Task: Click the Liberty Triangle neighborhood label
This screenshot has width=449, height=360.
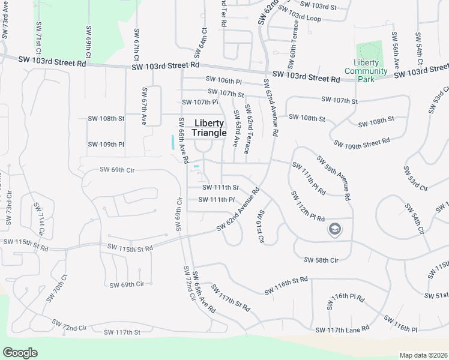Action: click(210, 128)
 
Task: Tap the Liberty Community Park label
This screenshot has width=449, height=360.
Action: click(366, 71)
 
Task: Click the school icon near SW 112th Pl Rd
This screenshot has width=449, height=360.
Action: click(334, 229)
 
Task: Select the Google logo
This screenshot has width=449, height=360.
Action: click(20, 353)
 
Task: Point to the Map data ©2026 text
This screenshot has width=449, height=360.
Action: click(423, 355)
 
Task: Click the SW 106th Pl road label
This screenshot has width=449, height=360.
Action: click(223, 80)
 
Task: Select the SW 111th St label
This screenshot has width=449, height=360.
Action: click(220, 187)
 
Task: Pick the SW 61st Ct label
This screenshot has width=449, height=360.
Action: click(261, 227)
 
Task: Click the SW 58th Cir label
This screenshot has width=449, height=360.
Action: click(322, 260)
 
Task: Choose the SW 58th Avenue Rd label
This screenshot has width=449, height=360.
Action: click(333, 178)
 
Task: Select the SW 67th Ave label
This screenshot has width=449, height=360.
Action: click(144, 107)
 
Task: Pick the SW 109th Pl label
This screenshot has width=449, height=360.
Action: click(106, 145)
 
